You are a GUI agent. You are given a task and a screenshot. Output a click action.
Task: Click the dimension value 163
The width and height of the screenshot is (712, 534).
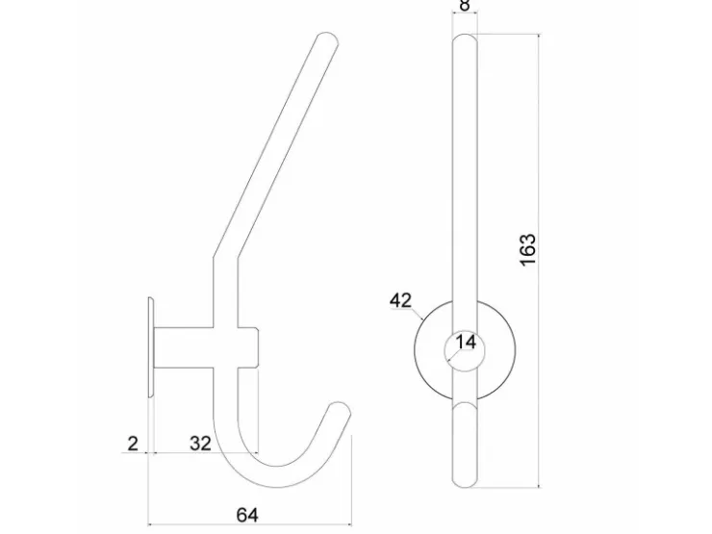[528, 250]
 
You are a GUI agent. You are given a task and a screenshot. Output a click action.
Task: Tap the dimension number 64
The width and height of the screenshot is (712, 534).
[247, 515]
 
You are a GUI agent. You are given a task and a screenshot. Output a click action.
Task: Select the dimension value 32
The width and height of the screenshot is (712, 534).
[200, 444]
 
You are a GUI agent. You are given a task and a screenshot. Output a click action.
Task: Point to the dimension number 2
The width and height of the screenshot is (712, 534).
[133, 444]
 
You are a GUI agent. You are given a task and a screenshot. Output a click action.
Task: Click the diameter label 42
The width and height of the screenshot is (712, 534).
[400, 300]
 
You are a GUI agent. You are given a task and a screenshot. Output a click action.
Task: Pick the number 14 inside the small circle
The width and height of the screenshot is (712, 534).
[466, 342]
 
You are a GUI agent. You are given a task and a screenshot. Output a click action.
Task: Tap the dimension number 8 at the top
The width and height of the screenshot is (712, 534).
[464, 6]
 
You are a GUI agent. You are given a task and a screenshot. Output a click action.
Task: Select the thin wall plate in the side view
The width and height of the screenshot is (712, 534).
[151, 347]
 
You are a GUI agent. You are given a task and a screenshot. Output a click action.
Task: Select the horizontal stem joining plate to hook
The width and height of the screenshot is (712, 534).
[184, 347]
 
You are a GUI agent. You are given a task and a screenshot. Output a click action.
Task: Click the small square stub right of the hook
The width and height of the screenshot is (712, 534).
[248, 347]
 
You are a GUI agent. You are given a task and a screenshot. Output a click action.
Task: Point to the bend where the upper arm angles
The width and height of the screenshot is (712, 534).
[225, 259]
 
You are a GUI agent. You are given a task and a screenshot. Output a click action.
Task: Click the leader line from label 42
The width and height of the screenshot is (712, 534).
[419, 314]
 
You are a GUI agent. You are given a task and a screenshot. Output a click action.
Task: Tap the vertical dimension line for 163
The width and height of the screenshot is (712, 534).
[540, 261]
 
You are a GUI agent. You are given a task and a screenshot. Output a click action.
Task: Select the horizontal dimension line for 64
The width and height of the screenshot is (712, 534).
[250, 524]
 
